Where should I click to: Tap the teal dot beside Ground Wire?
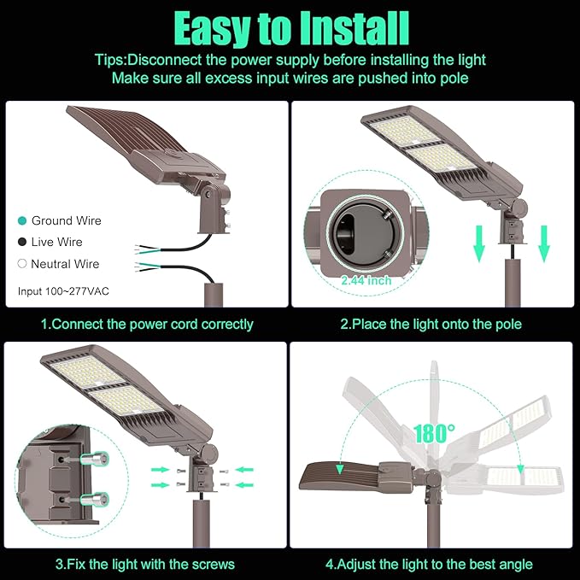coord(22,221)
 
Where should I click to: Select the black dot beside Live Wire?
coord(22,243)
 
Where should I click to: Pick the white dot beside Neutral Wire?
coord(22,264)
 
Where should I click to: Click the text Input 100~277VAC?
coord(63,291)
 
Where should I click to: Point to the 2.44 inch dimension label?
coord(366,279)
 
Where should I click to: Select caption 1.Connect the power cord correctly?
coord(147,325)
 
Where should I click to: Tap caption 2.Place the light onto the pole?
coord(431,325)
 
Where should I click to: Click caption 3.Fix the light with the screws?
coord(144,564)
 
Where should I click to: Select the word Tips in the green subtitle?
coord(110,60)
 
